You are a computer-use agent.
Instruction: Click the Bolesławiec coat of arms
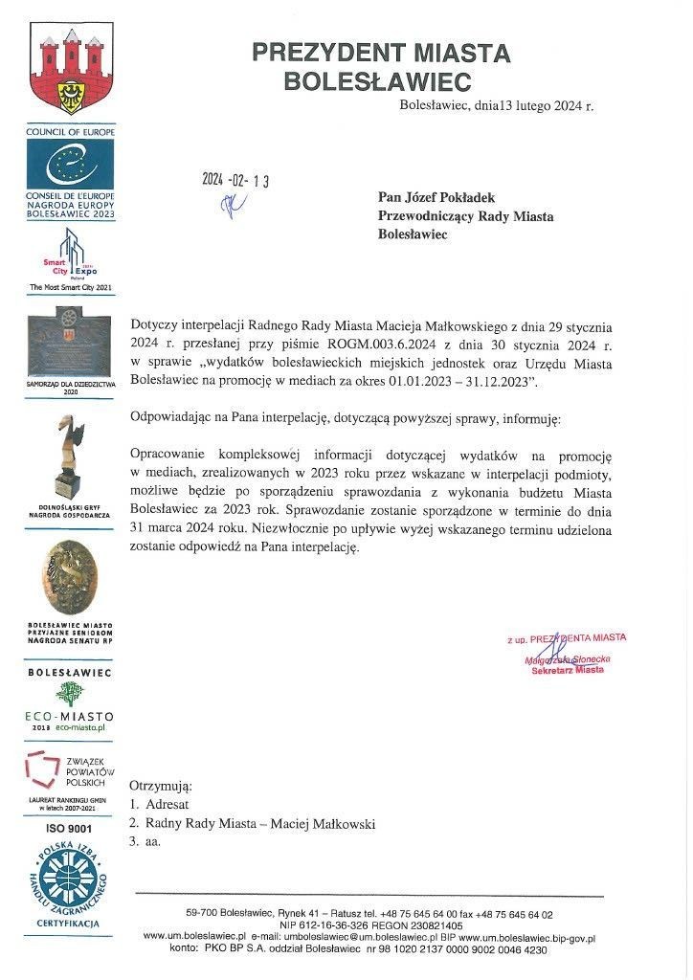click(70, 74)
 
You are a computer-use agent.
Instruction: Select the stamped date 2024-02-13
click(235, 181)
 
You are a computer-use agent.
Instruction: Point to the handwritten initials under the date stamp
click(232, 203)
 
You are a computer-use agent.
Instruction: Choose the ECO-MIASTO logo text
click(70, 716)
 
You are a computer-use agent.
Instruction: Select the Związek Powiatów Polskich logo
click(70, 772)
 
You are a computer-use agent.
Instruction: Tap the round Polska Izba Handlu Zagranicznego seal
click(70, 880)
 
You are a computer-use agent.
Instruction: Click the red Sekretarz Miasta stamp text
click(568, 670)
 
